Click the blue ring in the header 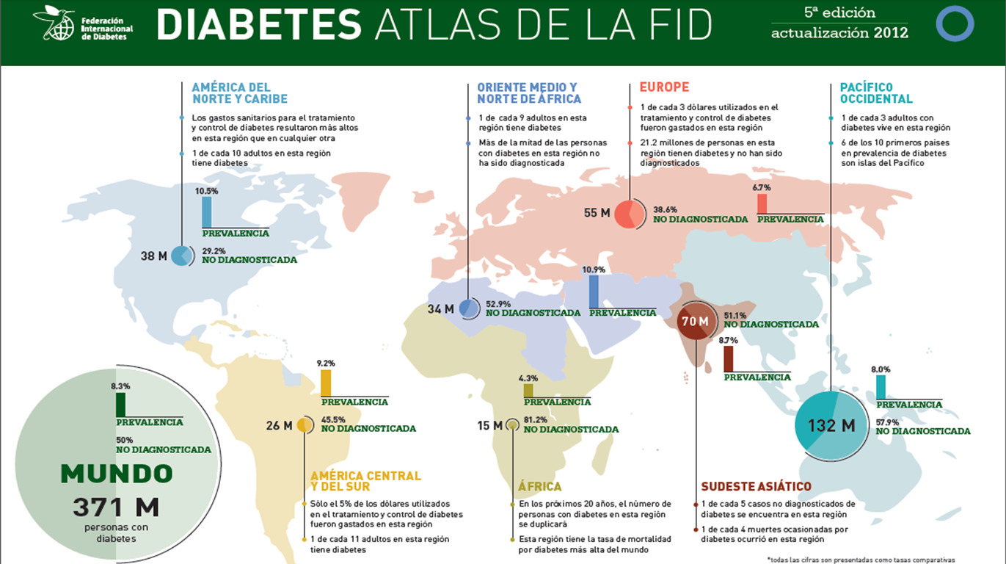(955, 23)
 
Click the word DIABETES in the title (259, 26)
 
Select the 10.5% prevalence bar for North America (207, 212)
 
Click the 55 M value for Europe (597, 213)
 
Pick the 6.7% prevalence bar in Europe (762, 203)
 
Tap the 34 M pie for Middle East (467, 308)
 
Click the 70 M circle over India (694, 322)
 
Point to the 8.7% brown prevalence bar (729, 359)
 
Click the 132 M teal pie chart (831, 425)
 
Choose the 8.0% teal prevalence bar (881, 386)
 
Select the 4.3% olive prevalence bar (528, 391)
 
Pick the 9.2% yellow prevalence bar (327, 383)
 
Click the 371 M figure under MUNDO (115, 506)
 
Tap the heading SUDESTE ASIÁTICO (756, 486)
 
